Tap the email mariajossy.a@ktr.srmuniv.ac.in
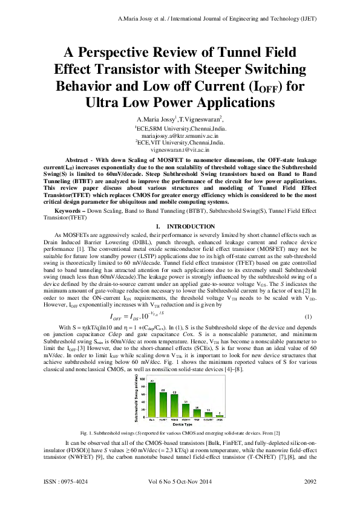click(179, 138)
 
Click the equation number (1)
click(308, 317)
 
